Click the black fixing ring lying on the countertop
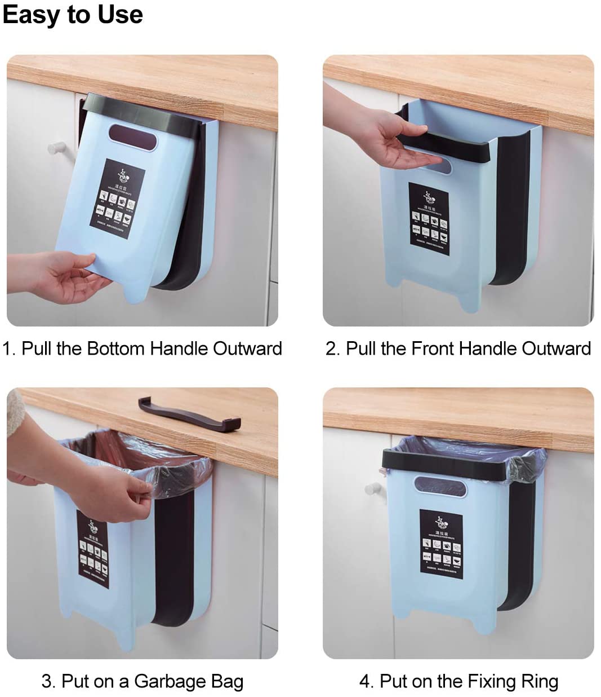[189, 414]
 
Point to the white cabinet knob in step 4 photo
[372, 488]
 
